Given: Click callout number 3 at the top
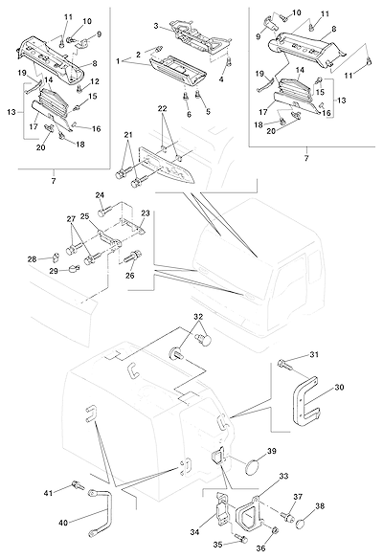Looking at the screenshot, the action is [x=156, y=26].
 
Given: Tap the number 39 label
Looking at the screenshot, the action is [x=272, y=451].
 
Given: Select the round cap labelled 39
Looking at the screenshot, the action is [x=253, y=467].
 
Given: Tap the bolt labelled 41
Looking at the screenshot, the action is [x=78, y=484].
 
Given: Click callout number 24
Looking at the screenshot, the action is [x=100, y=195].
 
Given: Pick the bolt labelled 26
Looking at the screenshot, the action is [x=133, y=256].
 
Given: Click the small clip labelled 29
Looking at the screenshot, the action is [x=74, y=268].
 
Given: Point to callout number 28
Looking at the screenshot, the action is [x=33, y=258].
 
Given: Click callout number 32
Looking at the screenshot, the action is [x=198, y=317].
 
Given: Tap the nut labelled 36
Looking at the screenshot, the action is [x=276, y=531].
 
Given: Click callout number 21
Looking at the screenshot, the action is [x=128, y=135].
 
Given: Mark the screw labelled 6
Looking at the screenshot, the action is [x=186, y=97].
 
